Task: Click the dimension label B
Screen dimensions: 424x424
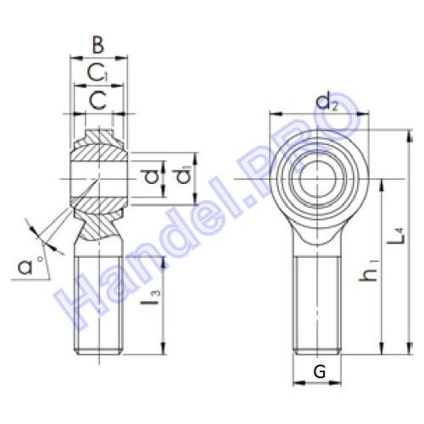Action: click(98, 45)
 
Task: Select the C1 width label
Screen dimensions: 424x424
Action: click(98, 73)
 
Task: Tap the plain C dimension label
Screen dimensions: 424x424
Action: click(98, 100)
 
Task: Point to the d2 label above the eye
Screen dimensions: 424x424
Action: click(326, 103)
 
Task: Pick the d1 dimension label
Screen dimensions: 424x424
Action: click(183, 176)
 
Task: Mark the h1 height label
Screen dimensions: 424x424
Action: click(368, 271)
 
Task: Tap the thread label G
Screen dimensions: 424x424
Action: click(320, 371)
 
